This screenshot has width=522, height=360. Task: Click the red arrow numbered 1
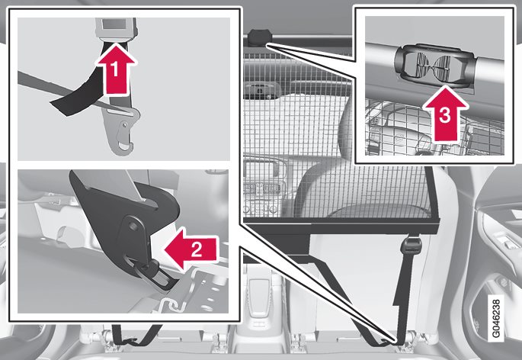(116, 69)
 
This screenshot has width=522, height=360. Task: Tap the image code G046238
(495, 319)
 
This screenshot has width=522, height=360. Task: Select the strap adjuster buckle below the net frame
(413, 246)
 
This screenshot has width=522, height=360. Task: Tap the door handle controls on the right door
(505, 240)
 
